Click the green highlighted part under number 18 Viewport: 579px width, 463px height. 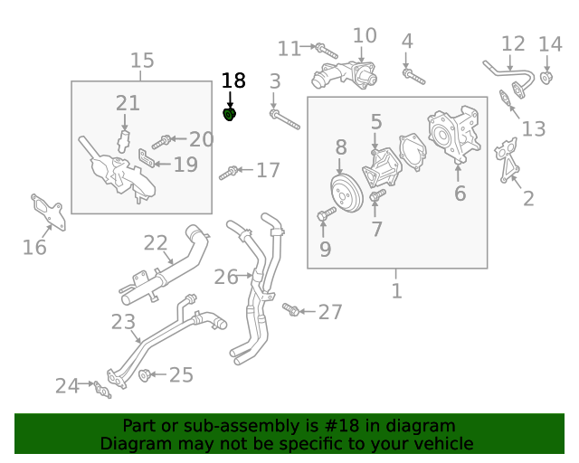pyautogui.click(x=230, y=115)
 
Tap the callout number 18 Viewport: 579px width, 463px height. pyautogui.click(x=233, y=80)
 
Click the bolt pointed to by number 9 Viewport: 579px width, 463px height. pyautogui.click(x=327, y=213)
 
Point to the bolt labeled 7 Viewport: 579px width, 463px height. pyautogui.click(x=377, y=194)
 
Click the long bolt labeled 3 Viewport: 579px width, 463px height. pyautogui.click(x=285, y=119)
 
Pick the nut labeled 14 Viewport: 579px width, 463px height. pyautogui.click(x=546, y=79)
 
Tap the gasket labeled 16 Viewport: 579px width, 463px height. pyautogui.click(x=48, y=212)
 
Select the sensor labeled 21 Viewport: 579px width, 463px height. pyautogui.click(x=123, y=141)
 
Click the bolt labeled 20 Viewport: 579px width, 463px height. pyautogui.click(x=161, y=142)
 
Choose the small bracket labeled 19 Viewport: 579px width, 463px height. pyautogui.click(x=147, y=158)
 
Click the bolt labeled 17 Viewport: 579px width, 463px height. pyautogui.click(x=229, y=173)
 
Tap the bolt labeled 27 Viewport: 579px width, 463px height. pyautogui.click(x=291, y=309)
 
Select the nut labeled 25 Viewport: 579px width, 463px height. pyautogui.click(x=144, y=375)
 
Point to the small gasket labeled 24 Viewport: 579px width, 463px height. pyautogui.click(x=102, y=390)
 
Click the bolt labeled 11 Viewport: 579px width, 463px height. pyautogui.click(x=327, y=51)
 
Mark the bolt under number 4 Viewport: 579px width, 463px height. pyautogui.click(x=413, y=77)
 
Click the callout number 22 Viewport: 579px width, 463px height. pyautogui.click(x=156, y=243)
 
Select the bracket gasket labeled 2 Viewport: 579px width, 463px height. pyautogui.click(x=507, y=160)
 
